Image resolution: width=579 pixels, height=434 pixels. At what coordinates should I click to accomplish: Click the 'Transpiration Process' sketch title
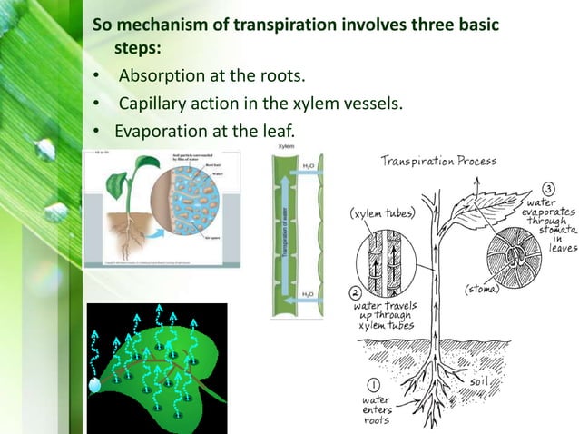439,162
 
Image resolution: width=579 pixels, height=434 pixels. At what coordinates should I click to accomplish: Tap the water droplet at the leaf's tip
93,385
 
